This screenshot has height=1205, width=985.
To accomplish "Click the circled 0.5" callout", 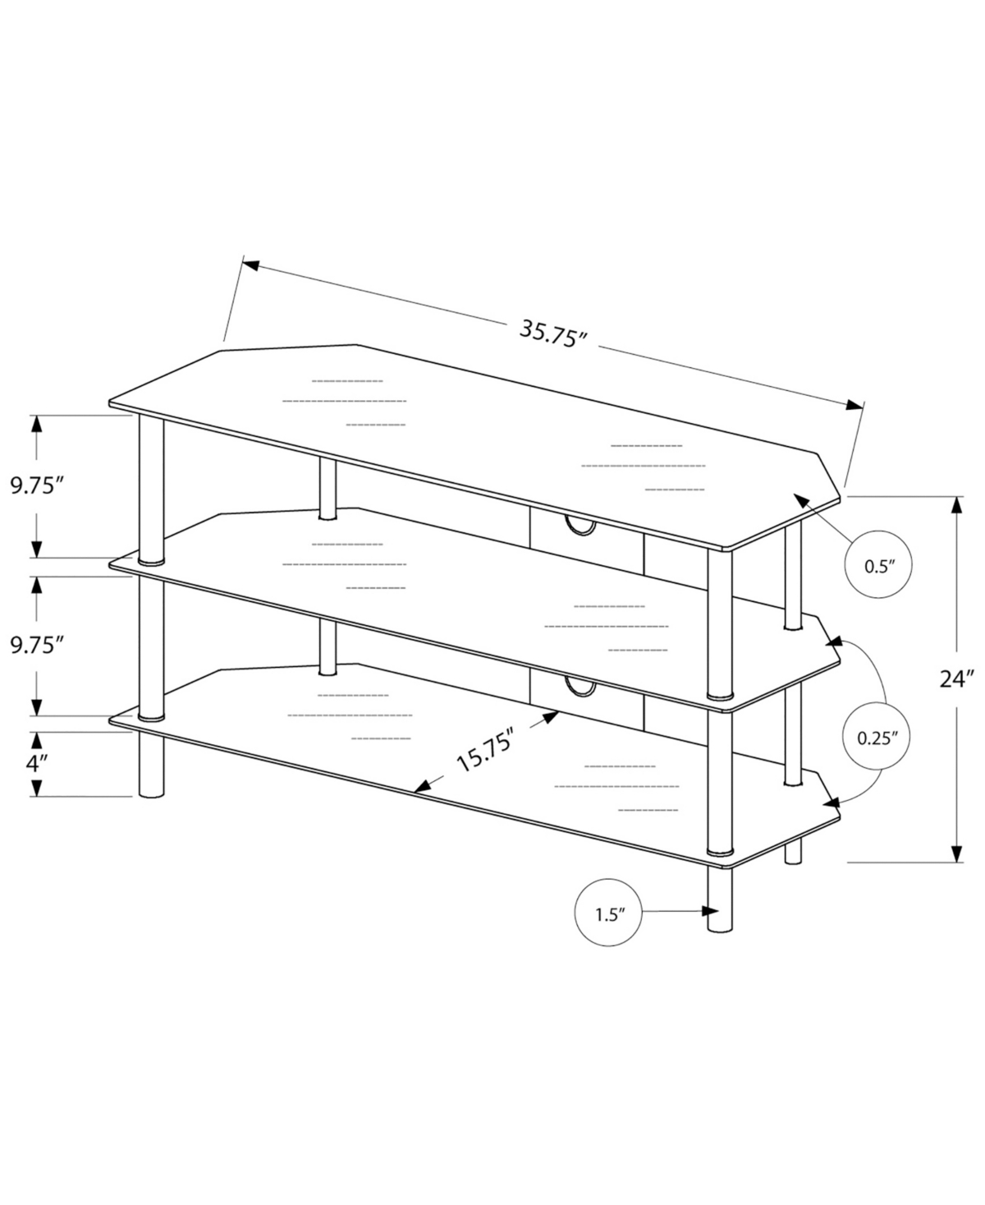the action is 878,564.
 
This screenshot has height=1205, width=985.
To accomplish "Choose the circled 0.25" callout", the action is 877,738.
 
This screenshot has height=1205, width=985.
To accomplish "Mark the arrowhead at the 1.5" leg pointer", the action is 710,911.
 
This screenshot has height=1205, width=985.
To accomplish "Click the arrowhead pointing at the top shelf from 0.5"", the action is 801,501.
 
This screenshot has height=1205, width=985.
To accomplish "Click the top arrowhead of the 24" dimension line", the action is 956,505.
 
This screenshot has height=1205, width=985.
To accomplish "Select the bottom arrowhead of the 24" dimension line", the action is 956,853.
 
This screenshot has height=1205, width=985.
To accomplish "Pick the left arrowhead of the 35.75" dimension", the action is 251,265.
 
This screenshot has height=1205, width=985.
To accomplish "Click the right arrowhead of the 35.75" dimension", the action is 854,404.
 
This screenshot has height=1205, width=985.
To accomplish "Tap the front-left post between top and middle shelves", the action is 151,490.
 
